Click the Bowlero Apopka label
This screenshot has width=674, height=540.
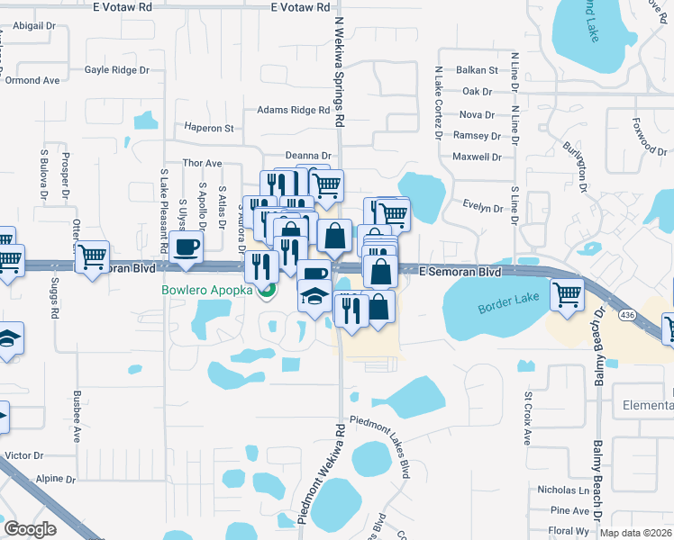(x=208, y=290)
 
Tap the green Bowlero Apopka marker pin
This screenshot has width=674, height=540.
(x=267, y=290)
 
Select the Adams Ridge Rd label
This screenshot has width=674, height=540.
(x=294, y=110)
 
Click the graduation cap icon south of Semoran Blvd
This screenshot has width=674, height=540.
(x=314, y=294)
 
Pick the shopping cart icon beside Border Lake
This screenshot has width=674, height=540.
(x=567, y=293)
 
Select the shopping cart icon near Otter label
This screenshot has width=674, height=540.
(x=92, y=256)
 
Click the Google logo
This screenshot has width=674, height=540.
(x=30, y=529)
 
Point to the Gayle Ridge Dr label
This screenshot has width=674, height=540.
(x=116, y=69)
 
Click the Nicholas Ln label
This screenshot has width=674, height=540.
(x=563, y=490)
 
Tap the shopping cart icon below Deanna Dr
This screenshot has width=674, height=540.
(x=326, y=184)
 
